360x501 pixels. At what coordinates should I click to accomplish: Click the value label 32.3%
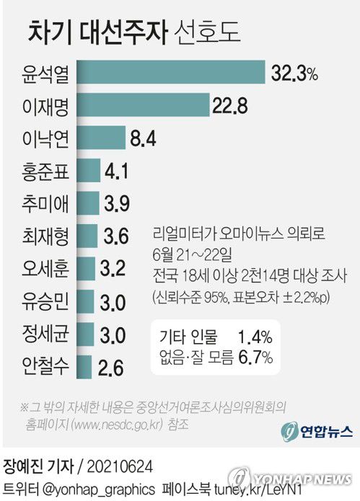coord(294,73)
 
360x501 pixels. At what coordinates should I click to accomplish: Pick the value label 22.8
coord(230,106)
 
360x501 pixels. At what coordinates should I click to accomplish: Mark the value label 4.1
coord(118,172)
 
